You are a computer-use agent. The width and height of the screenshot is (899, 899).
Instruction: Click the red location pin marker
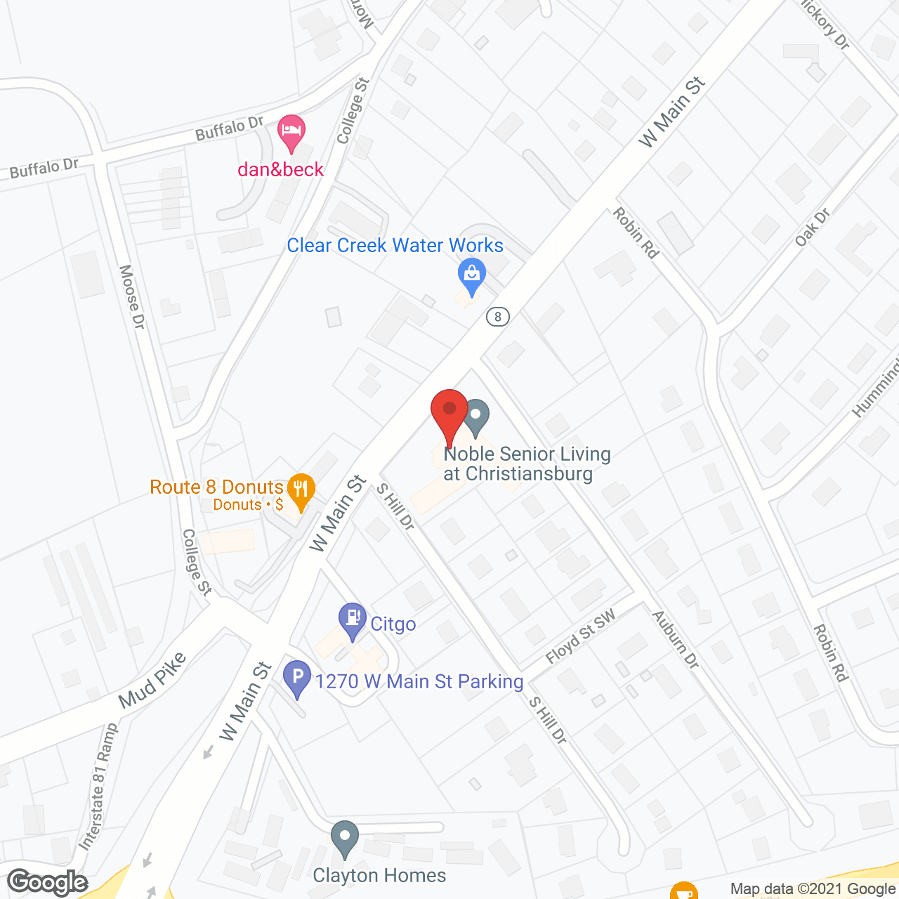(449, 412)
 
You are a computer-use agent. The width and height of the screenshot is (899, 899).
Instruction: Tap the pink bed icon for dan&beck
(291, 131)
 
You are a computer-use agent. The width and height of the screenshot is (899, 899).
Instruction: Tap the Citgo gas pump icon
(352, 619)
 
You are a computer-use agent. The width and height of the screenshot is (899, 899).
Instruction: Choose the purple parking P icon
(297, 677)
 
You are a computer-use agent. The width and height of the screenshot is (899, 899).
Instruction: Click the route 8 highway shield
(498, 317)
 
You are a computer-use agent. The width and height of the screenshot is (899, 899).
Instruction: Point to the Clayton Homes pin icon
(344, 837)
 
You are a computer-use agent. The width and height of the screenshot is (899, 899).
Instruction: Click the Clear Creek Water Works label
(395, 245)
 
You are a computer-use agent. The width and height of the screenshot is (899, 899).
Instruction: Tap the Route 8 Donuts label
(216, 487)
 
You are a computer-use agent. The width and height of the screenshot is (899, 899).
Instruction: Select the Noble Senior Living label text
(527, 464)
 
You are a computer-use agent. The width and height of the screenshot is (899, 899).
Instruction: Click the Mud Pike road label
(152, 680)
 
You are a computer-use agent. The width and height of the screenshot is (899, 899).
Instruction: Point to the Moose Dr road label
(132, 296)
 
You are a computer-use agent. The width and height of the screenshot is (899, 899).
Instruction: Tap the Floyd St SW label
(581, 636)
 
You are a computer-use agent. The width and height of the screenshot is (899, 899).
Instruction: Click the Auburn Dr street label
(676, 639)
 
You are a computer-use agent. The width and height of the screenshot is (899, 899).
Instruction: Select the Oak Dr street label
(813, 227)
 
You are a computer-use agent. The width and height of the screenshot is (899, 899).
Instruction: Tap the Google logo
(48, 882)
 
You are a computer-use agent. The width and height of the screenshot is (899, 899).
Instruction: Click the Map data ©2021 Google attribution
(813, 889)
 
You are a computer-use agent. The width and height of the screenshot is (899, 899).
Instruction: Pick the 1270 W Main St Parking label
(419, 681)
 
